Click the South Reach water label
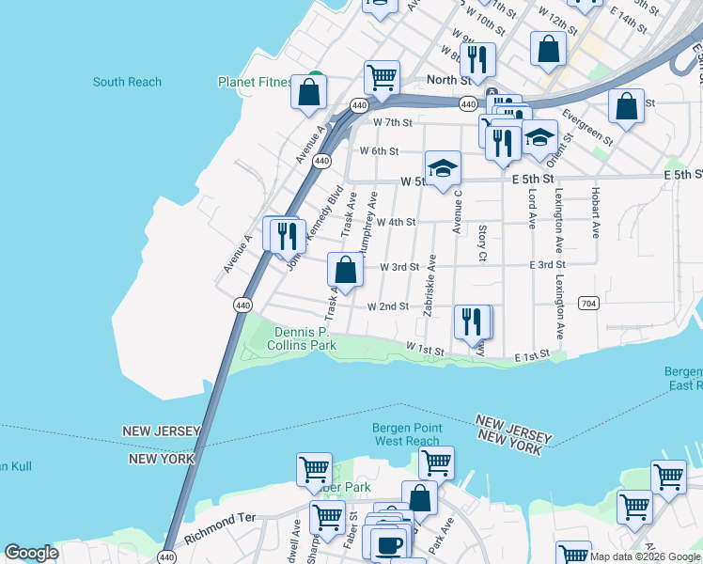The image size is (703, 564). click(x=127, y=82)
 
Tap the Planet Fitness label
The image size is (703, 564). click(x=255, y=82)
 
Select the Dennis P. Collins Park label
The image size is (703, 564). click(x=305, y=338)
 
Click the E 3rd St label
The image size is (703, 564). click(x=546, y=266)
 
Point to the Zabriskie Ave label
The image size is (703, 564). click(x=430, y=285)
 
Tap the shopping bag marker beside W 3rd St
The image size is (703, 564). click(x=346, y=270)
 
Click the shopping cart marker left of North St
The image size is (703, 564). click(x=382, y=77)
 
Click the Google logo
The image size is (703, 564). click(x=31, y=553)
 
